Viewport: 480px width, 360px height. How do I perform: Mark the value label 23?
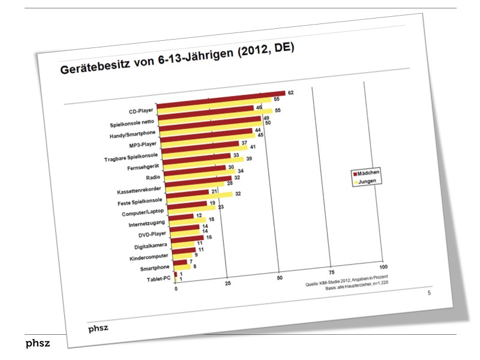click(221, 207)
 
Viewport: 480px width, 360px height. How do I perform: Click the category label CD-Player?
click(142, 111)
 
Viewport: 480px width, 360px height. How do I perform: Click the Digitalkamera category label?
click(146, 247)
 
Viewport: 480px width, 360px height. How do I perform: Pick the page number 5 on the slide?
click(428, 293)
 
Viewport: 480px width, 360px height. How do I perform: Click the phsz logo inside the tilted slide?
click(97, 328)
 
